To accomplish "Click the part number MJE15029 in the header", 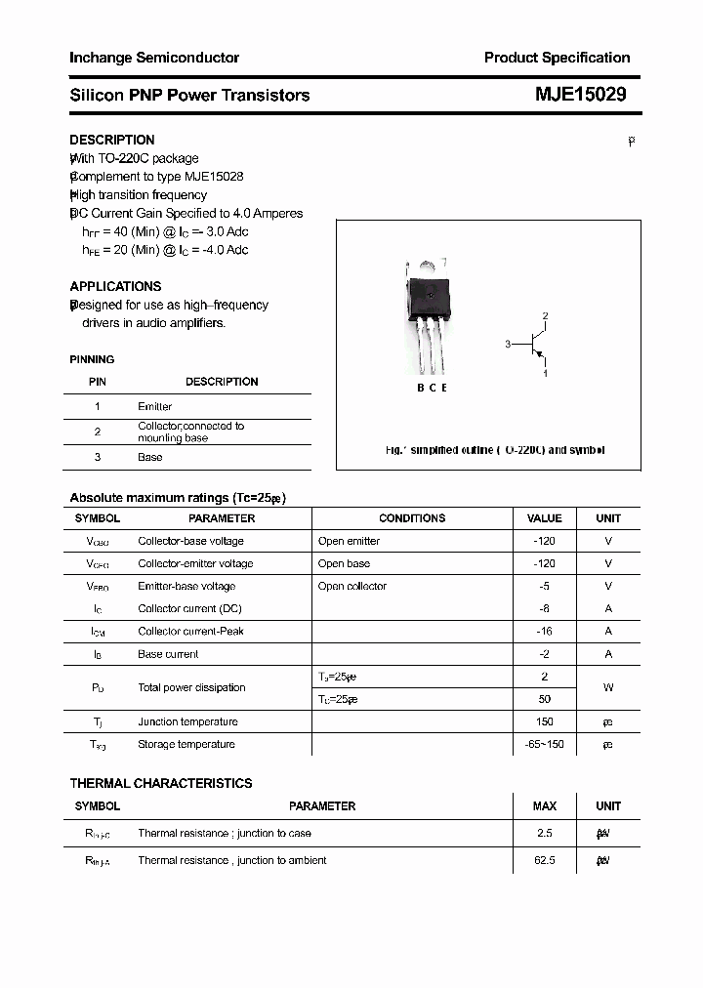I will [580, 95].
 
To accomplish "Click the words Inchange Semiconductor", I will [154, 58].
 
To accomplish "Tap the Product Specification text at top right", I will [557, 58].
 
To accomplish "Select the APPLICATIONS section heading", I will [115, 286].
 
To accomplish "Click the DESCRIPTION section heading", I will [111, 140].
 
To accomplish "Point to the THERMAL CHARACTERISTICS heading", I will [160, 783].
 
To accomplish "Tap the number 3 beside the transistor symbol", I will [508, 344].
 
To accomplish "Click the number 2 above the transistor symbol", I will [545, 315].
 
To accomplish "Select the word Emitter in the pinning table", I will [154, 406].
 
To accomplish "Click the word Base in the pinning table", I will [150, 457].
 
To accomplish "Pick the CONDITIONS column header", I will [412, 518].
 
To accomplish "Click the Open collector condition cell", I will [352, 586].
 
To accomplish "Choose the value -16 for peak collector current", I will [544, 631].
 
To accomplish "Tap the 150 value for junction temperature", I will [544, 721].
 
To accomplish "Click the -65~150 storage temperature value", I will [544, 744].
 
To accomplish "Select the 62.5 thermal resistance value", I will [544, 860].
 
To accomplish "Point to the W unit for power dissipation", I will [607, 687].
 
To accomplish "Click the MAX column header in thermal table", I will [544, 806].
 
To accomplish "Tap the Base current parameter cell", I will [168, 654].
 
